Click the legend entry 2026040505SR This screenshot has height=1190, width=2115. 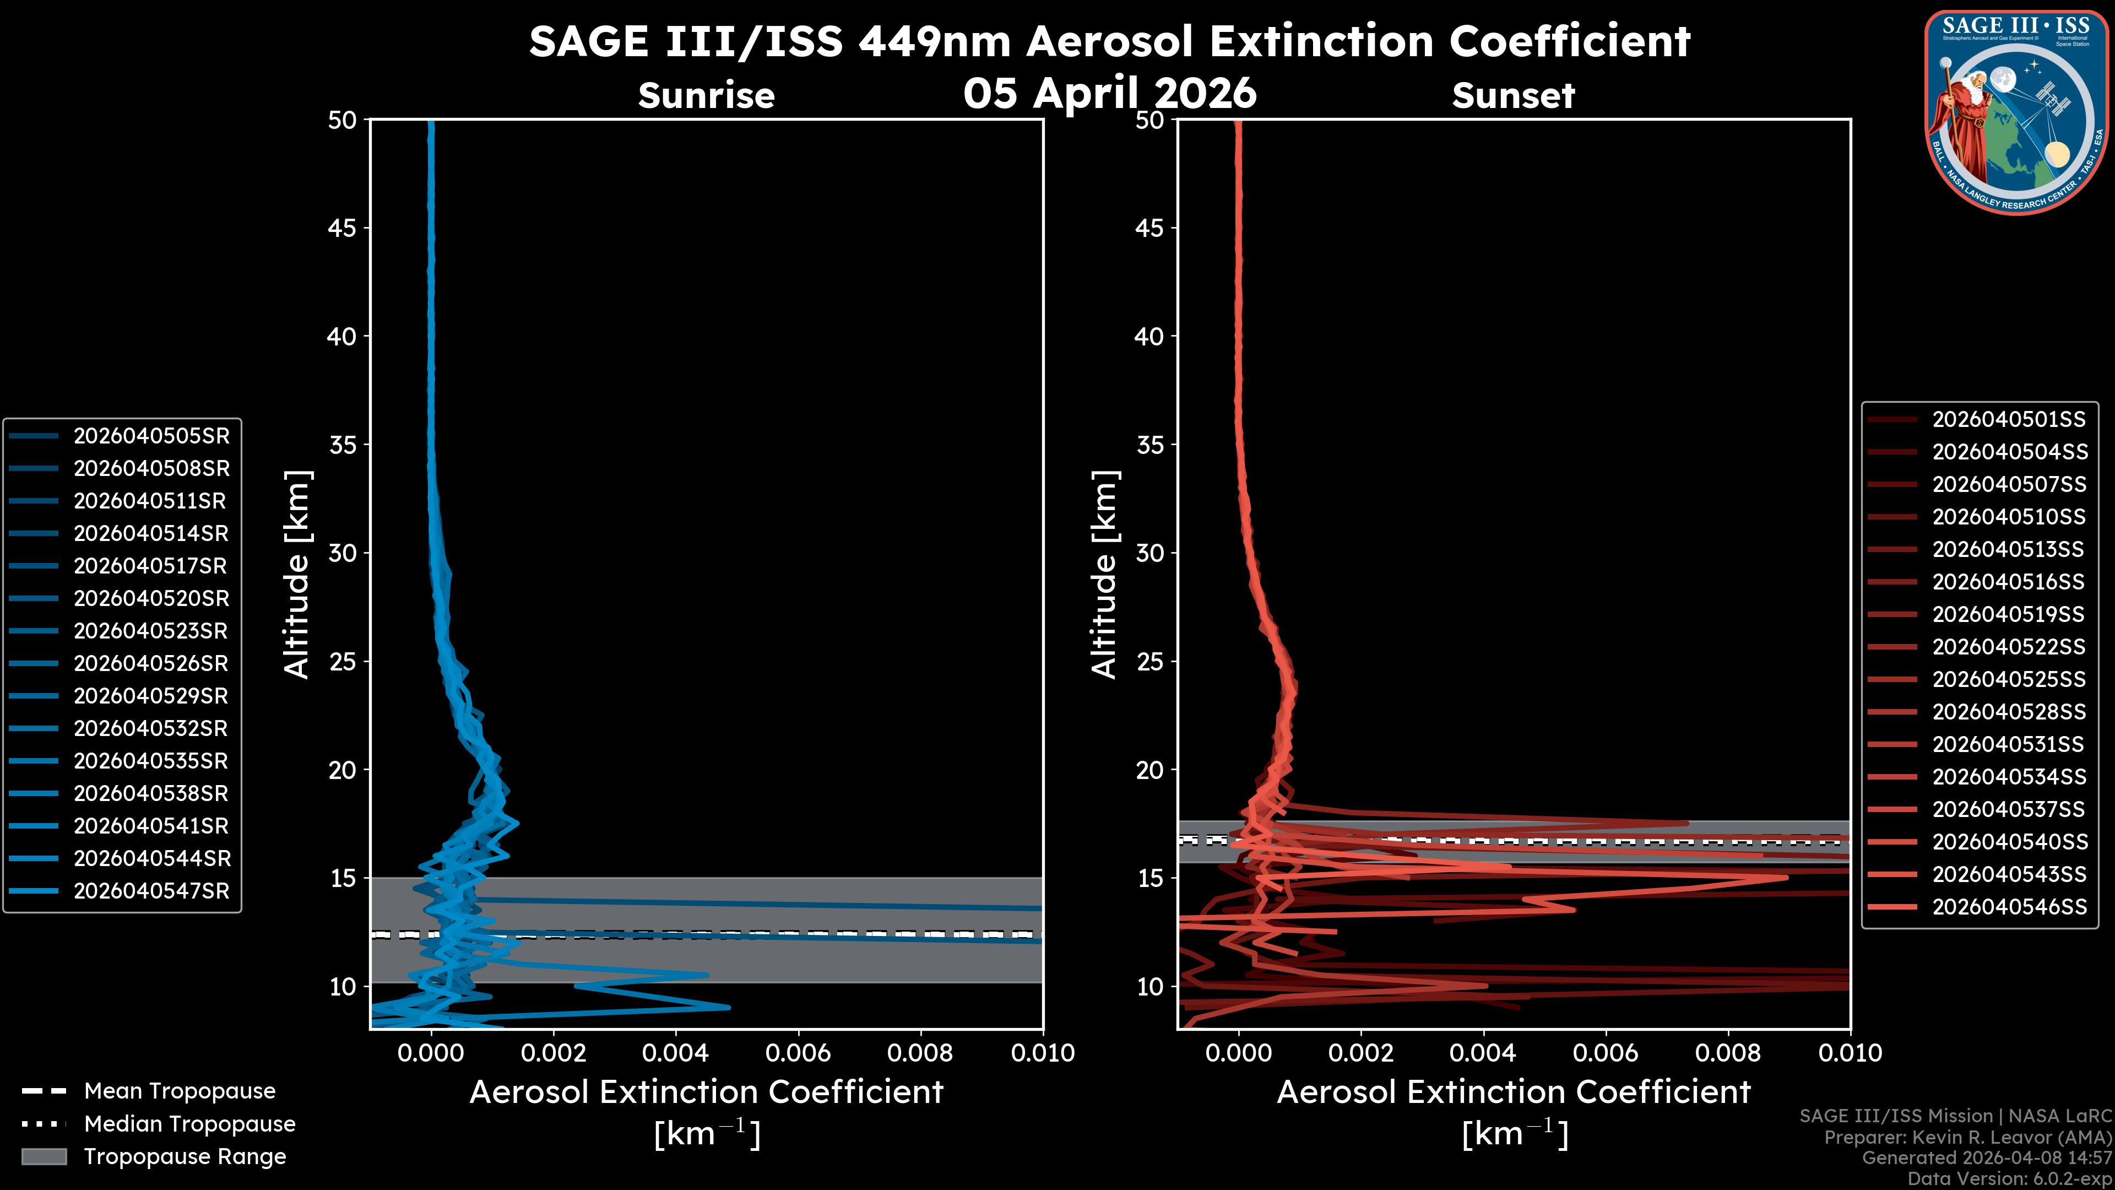coord(151,436)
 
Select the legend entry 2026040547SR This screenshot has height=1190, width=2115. coord(151,891)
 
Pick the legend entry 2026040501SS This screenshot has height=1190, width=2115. coord(2008,420)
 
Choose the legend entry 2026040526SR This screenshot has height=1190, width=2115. coord(151,663)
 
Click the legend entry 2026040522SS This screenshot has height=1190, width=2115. coord(2008,647)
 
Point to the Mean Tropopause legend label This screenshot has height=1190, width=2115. coord(179,1091)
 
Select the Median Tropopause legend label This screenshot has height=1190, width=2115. coord(189,1124)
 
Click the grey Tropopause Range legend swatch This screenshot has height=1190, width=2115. coord(44,1156)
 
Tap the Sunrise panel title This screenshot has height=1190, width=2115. coord(706,96)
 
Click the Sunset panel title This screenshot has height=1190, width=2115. coord(1513,96)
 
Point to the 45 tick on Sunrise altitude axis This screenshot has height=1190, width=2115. coord(343,228)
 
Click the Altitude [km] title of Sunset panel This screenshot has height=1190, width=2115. coord(1105,574)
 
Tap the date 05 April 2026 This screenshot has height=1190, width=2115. coord(1109,93)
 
